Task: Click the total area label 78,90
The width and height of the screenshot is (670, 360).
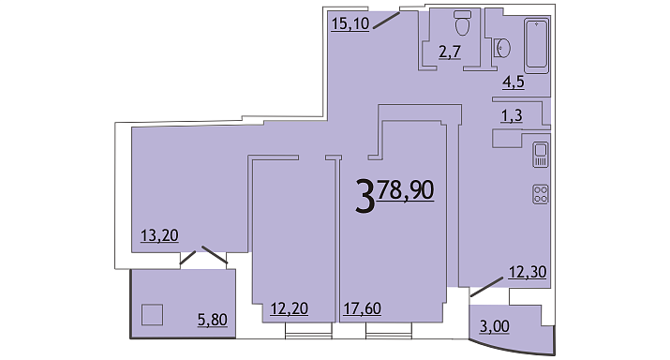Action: point(406,190)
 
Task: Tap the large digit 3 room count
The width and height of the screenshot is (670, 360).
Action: point(365,197)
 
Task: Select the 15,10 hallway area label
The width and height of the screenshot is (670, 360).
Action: point(350,23)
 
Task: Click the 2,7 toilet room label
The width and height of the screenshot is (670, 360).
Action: point(450,52)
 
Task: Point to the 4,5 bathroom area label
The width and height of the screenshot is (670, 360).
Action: point(514,82)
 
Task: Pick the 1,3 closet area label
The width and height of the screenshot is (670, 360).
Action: point(512,115)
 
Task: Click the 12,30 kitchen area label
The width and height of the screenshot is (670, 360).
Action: point(528,272)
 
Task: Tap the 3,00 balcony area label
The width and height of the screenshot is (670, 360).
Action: point(495,326)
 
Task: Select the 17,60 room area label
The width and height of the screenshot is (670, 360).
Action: point(363,308)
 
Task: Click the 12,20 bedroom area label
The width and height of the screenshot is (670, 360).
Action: point(290,308)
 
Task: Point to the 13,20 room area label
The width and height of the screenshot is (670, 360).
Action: point(159,235)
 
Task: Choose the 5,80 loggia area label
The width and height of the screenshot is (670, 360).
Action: point(213,320)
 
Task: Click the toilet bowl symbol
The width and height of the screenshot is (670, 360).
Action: point(462,22)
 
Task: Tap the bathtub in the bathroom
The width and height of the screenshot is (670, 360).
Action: point(537,45)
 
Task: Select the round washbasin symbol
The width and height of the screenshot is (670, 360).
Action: point(502,48)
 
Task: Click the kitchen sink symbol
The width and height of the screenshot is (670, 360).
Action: point(541,155)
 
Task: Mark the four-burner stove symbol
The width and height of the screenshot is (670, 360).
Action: point(541,194)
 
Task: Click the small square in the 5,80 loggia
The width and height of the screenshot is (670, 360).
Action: point(152,315)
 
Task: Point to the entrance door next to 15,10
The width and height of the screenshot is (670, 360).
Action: point(386,21)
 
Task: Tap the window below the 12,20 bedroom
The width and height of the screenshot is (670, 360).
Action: point(308,331)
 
